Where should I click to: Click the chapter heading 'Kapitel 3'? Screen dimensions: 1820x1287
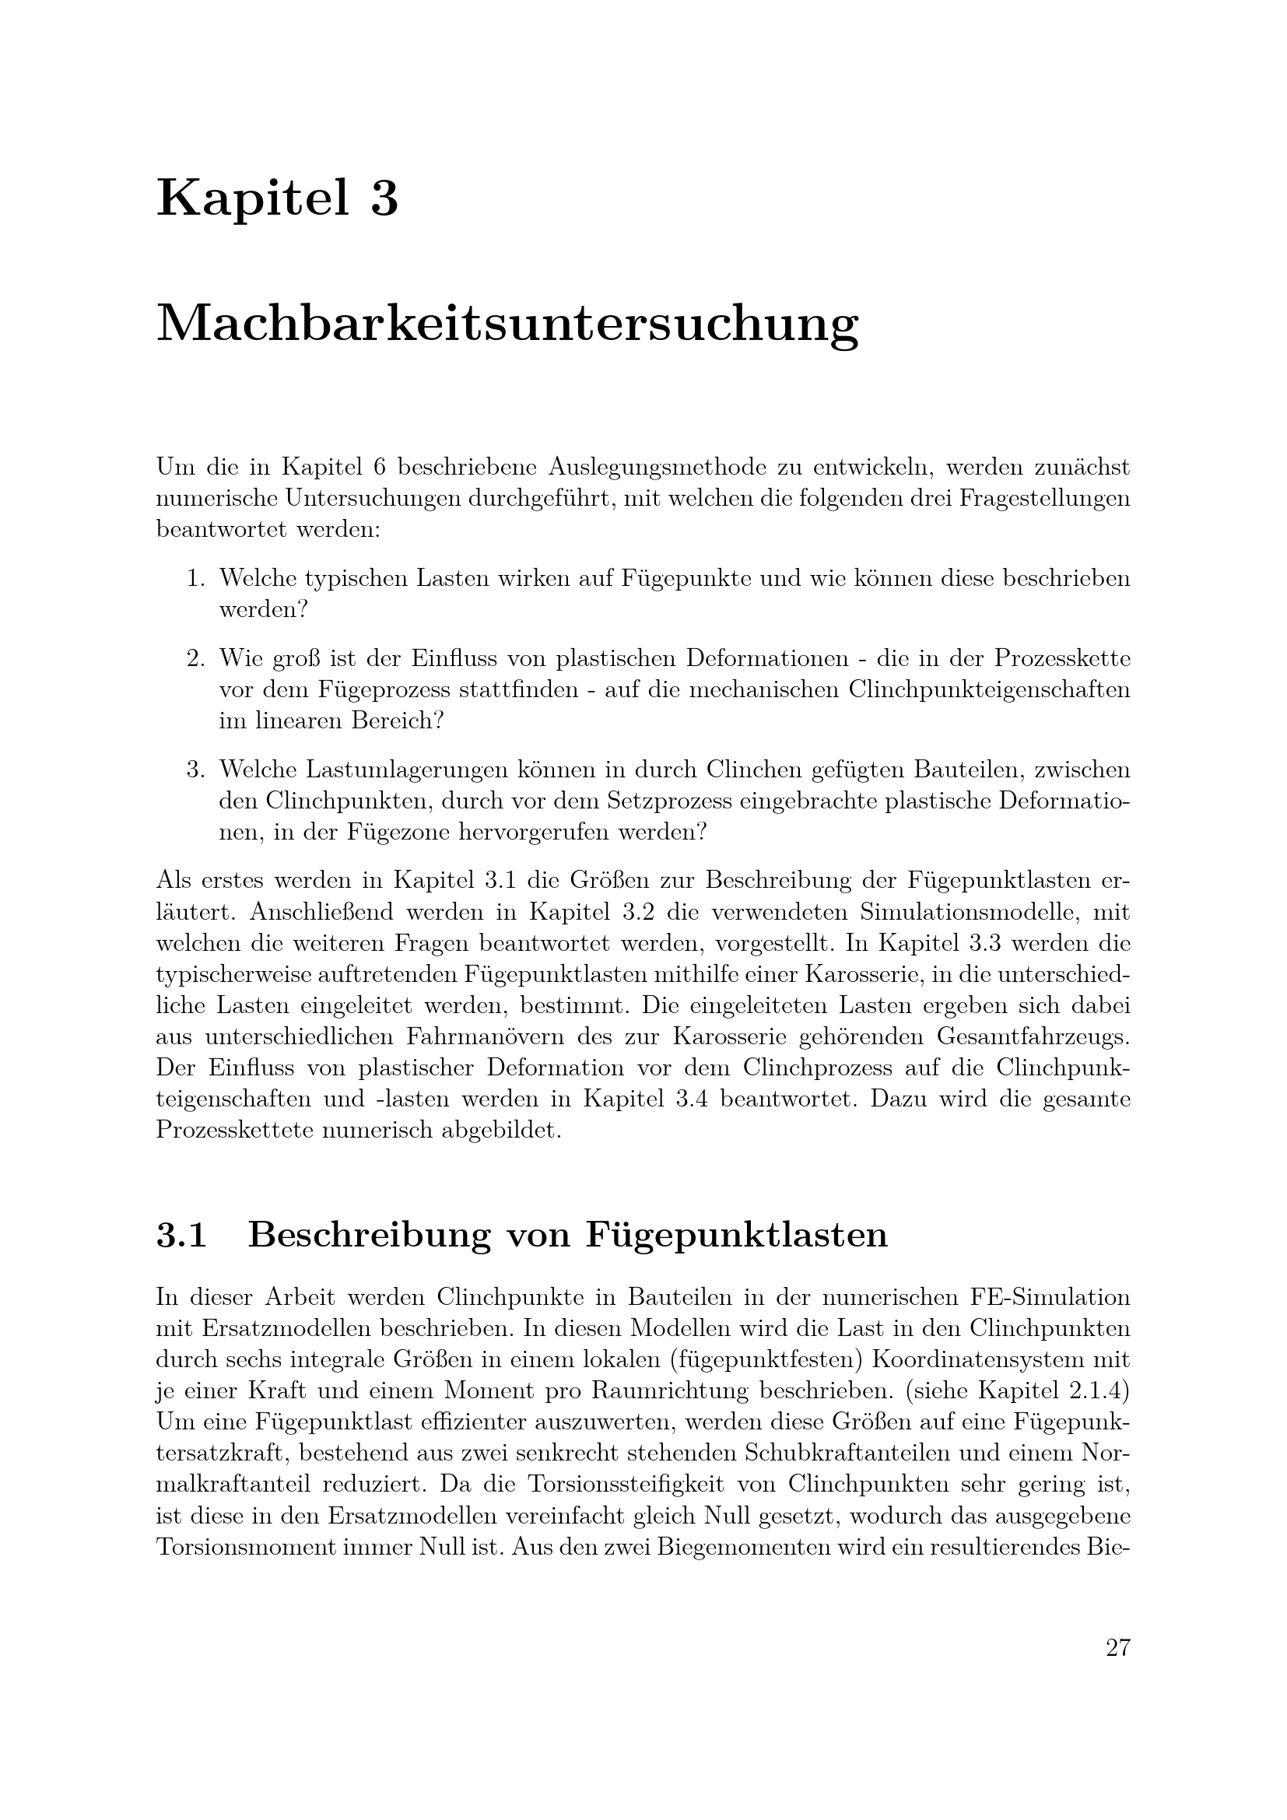pyautogui.click(x=277, y=198)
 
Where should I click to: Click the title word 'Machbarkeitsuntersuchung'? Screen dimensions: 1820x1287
pyautogui.click(x=507, y=325)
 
